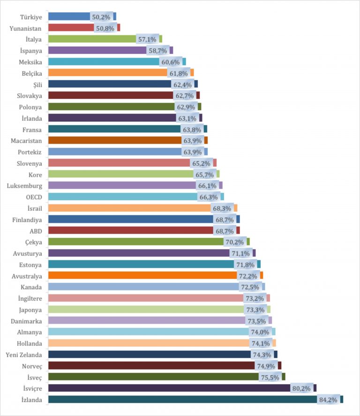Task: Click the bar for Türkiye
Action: point(70,16)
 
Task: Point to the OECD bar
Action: point(122,197)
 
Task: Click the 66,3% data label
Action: point(209,197)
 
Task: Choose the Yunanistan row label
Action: point(26,28)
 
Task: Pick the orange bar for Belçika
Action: point(108,73)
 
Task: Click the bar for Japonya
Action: point(145,310)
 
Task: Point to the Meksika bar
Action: point(103,61)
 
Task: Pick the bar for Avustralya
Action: point(141,275)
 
